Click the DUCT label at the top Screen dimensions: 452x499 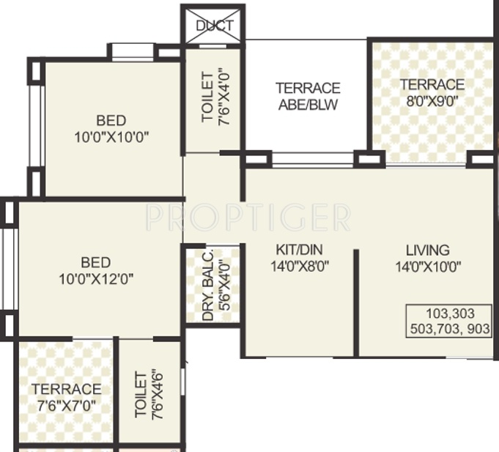pos(214,26)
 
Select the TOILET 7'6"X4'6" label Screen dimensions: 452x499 pos(148,396)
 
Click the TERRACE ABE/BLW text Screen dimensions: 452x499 pos(308,96)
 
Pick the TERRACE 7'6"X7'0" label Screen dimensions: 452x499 pos(66,396)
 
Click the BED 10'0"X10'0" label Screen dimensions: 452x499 pos(111,129)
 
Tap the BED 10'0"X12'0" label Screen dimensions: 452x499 pos(95,270)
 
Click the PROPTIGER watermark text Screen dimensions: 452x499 pos(248,218)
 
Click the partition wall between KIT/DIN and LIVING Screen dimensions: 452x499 pos(356,303)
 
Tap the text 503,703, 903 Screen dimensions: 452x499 pos(448,330)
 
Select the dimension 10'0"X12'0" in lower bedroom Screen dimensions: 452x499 pos(95,279)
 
